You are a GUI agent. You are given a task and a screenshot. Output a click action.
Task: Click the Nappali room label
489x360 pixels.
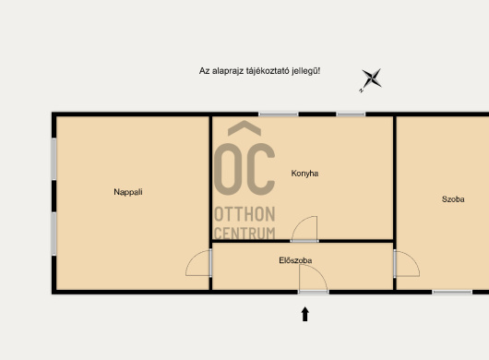(128, 192)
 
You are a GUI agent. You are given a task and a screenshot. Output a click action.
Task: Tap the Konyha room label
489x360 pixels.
(304, 174)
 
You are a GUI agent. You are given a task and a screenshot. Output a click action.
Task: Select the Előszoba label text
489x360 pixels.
(295, 260)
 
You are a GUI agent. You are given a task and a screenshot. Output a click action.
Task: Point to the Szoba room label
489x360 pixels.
(453, 199)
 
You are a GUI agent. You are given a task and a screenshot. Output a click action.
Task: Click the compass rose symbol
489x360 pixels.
(371, 79)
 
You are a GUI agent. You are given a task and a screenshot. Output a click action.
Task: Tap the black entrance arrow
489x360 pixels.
(305, 314)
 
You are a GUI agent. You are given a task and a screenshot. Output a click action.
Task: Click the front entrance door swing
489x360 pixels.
(313, 279)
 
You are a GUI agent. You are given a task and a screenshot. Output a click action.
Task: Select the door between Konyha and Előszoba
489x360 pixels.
(304, 229)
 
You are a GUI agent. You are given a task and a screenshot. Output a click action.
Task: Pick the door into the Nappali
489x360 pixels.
(198, 263)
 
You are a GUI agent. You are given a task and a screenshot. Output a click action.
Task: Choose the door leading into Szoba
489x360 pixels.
(406, 263)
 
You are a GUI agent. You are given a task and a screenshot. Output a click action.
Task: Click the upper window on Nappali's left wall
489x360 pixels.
(54, 159)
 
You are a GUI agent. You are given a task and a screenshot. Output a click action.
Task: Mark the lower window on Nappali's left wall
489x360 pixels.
(54, 234)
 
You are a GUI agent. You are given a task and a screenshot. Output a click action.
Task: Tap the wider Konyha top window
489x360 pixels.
(279, 114)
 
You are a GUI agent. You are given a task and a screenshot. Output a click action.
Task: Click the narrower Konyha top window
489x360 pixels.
(351, 114)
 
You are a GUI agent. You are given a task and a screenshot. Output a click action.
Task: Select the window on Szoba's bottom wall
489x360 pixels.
(452, 293)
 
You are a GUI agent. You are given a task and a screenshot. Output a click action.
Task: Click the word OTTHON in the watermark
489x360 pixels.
(244, 214)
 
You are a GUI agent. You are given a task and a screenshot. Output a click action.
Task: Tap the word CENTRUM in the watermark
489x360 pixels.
(244, 234)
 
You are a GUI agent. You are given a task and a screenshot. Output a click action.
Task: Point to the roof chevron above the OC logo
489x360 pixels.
(244, 127)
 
